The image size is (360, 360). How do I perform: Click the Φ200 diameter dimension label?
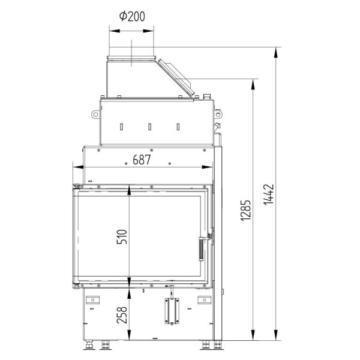[x=132, y=16]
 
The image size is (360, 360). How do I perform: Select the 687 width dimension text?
[x=142, y=160]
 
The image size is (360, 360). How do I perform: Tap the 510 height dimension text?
[x=122, y=236]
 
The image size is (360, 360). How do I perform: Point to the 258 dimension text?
[x=122, y=315]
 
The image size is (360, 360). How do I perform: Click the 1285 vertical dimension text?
[x=245, y=211]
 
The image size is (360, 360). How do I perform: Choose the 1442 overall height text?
[x=269, y=194]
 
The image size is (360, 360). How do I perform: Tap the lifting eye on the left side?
[x=95, y=115]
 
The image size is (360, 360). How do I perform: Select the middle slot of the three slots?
[x=149, y=127]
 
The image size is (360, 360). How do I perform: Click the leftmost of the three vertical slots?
[x=121, y=127]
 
